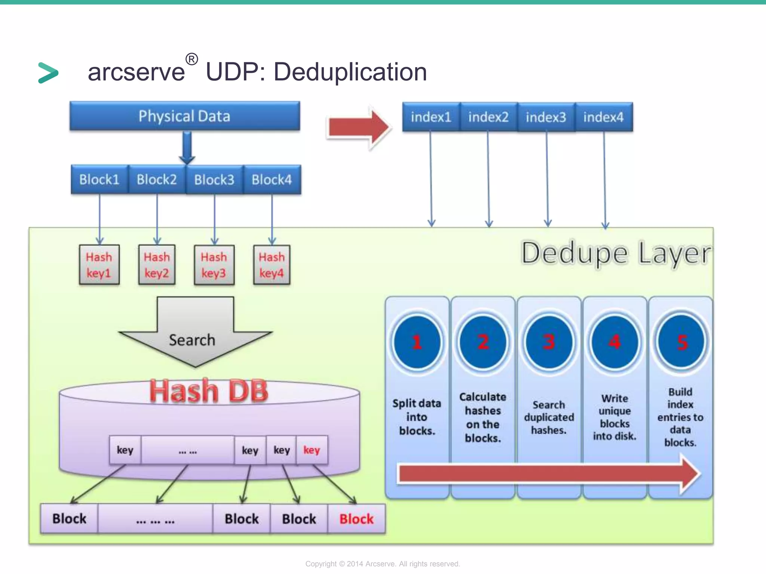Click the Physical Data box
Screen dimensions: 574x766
tap(184, 116)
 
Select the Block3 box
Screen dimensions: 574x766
tap(214, 180)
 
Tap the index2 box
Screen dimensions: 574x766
tap(488, 117)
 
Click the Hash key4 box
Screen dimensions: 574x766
tap(272, 265)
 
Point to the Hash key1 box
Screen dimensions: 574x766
tap(99, 265)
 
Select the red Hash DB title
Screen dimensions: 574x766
tap(209, 391)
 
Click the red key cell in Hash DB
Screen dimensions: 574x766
tap(312, 450)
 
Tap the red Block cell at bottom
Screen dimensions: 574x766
tap(356, 519)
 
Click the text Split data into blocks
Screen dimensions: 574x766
tap(417, 417)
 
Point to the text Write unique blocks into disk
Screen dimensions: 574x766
tap(615, 417)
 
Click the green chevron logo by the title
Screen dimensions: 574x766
tap(48, 72)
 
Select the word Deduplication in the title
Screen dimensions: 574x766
tap(350, 72)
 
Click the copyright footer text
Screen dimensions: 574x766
tap(382, 564)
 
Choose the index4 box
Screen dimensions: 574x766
tap(603, 117)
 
